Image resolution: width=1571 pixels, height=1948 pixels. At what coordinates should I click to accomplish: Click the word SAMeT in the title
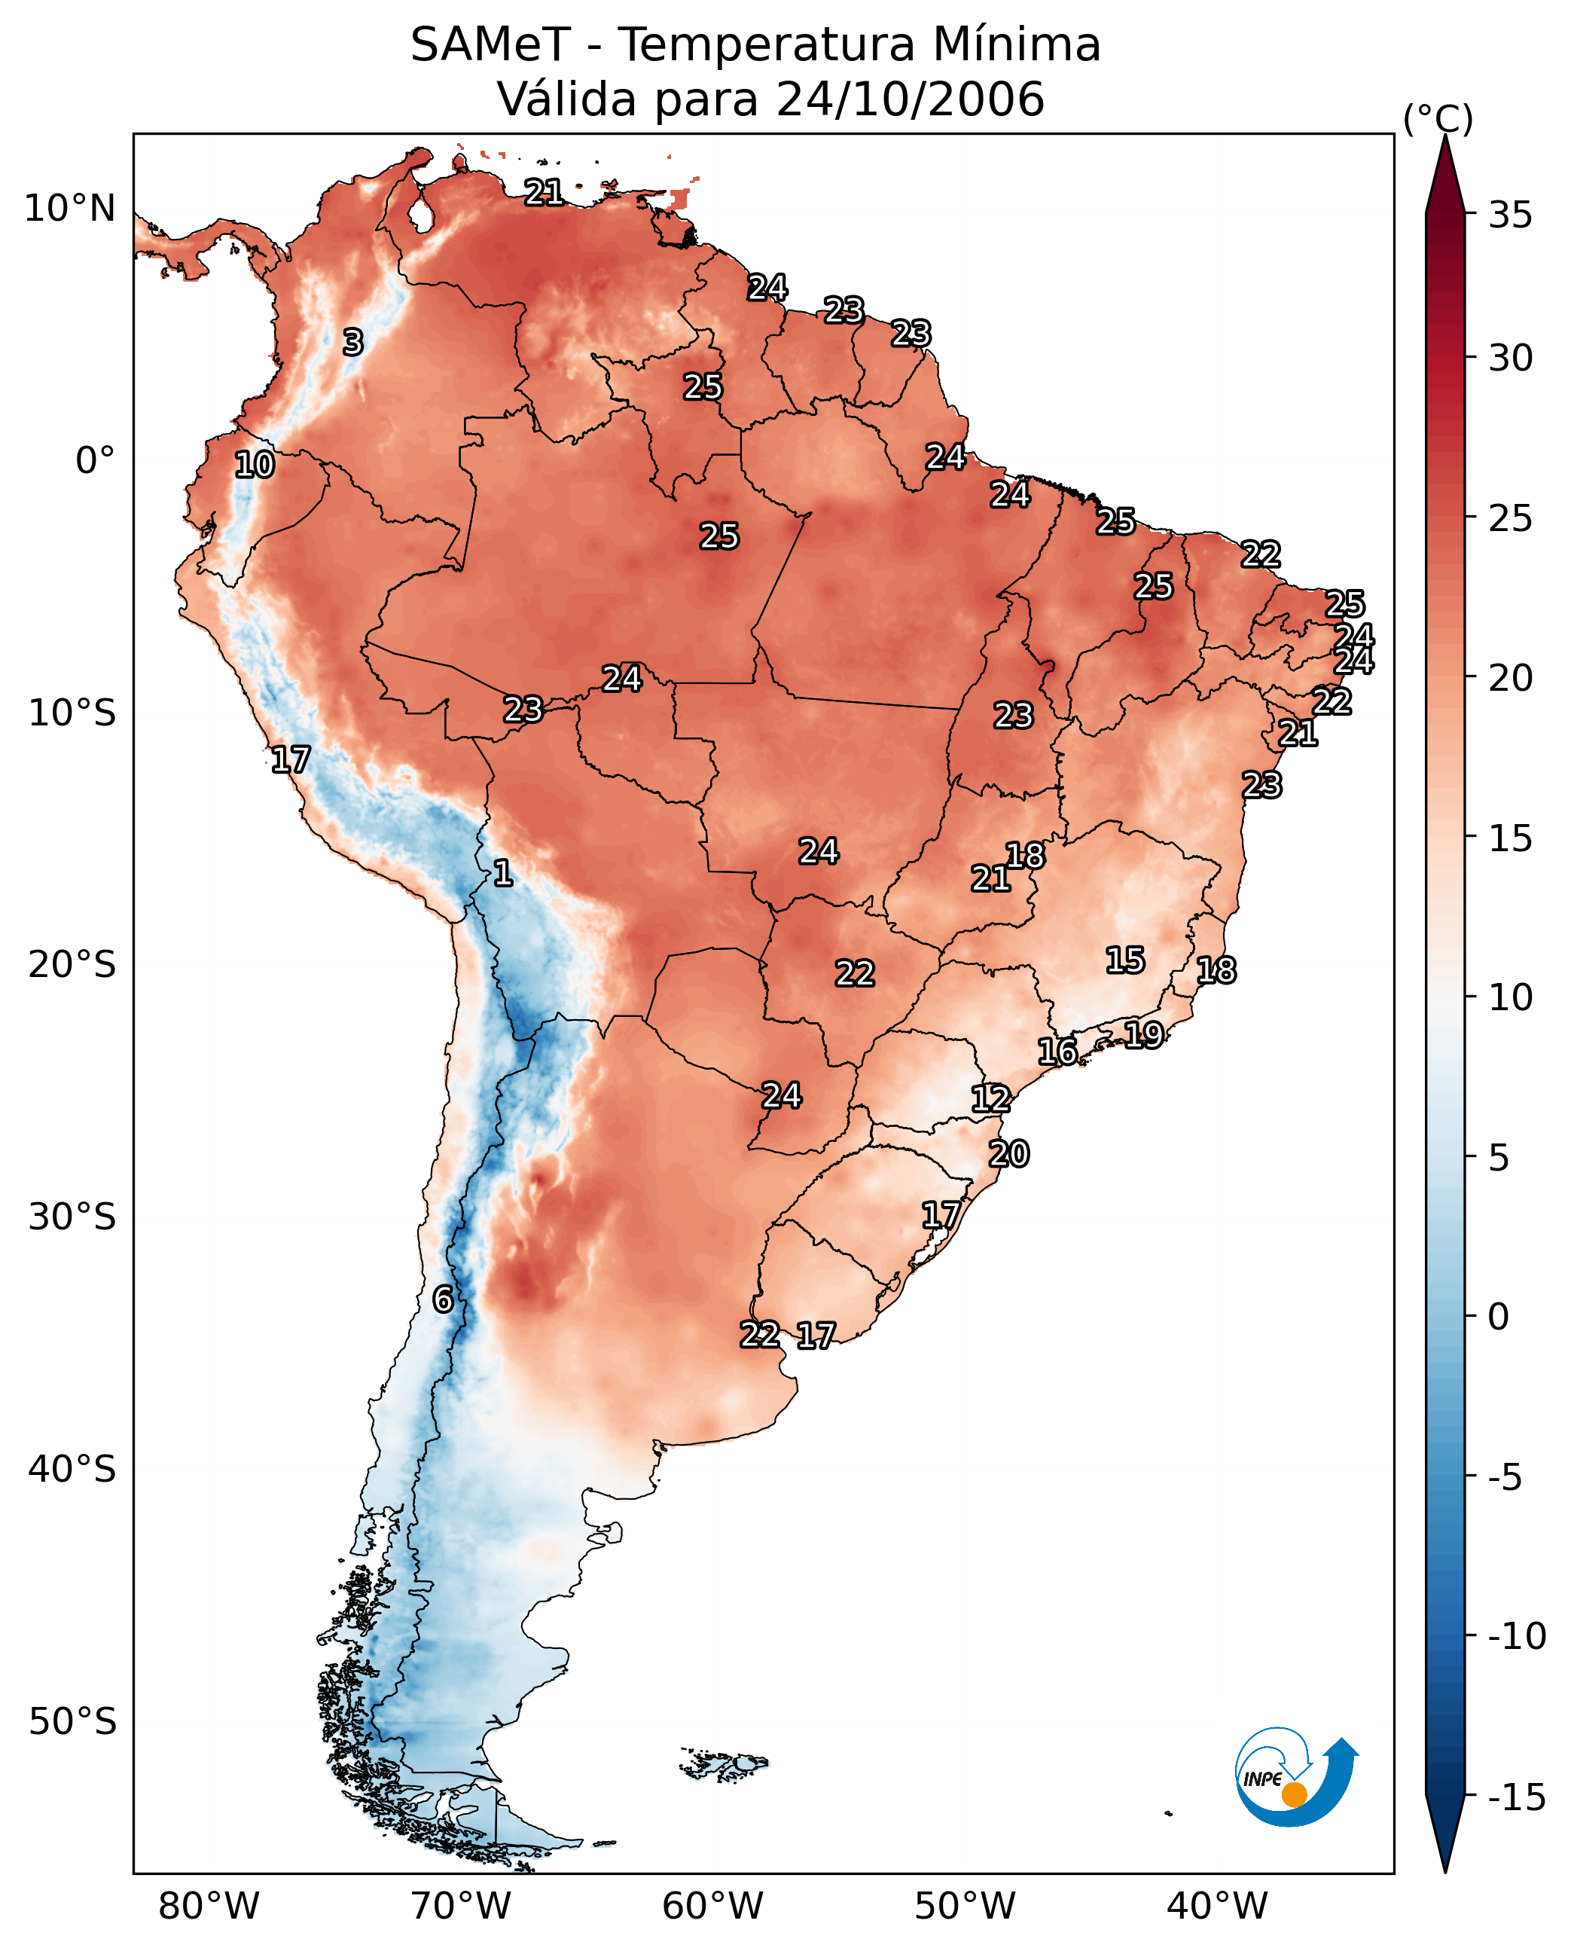click(490, 44)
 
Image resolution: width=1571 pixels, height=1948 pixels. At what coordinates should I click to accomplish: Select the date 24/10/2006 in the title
click(911, 99)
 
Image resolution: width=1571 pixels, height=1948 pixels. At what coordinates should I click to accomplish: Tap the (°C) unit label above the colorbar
click(1438, 118)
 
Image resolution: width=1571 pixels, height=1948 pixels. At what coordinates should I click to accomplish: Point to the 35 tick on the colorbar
click(1510, 215)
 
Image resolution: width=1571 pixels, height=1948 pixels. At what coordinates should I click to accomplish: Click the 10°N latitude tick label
click(70, 209)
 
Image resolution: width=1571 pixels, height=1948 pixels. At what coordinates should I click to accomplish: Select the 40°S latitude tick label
click(72, 1469)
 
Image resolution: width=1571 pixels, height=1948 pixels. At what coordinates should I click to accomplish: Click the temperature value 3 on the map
click(353, 342)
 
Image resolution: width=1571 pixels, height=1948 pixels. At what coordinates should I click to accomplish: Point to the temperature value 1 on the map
click(503, 872)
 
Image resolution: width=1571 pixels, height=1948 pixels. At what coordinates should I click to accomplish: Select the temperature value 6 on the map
click(443, 1299)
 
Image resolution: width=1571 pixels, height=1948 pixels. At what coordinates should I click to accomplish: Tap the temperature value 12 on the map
click(991, 1099)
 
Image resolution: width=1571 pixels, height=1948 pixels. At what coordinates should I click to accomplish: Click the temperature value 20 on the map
click(1009, 1154)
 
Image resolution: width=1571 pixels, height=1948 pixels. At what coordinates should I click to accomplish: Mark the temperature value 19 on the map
click(1144, 1034)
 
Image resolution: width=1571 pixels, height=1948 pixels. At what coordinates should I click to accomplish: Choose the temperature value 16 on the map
click(1057, 1052)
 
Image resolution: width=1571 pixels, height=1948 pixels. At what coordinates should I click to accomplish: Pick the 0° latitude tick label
click(95, 461)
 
